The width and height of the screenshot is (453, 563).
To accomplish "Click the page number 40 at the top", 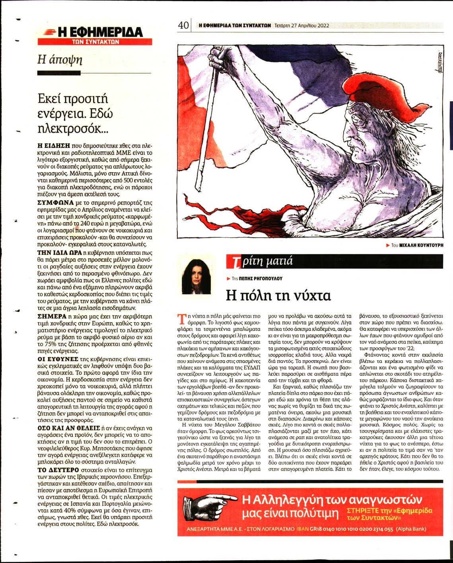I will pos(183,25).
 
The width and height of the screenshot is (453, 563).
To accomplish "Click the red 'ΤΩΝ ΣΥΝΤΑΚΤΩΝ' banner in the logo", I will pos(95,41).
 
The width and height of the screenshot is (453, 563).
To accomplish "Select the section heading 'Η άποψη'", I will pos(60,59).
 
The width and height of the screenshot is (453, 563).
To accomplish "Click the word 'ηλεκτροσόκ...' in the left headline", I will pos(73,129).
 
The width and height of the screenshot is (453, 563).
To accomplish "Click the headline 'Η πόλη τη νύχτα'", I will pos(278,296).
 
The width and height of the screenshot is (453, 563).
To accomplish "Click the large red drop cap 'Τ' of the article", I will pos(181,318).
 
